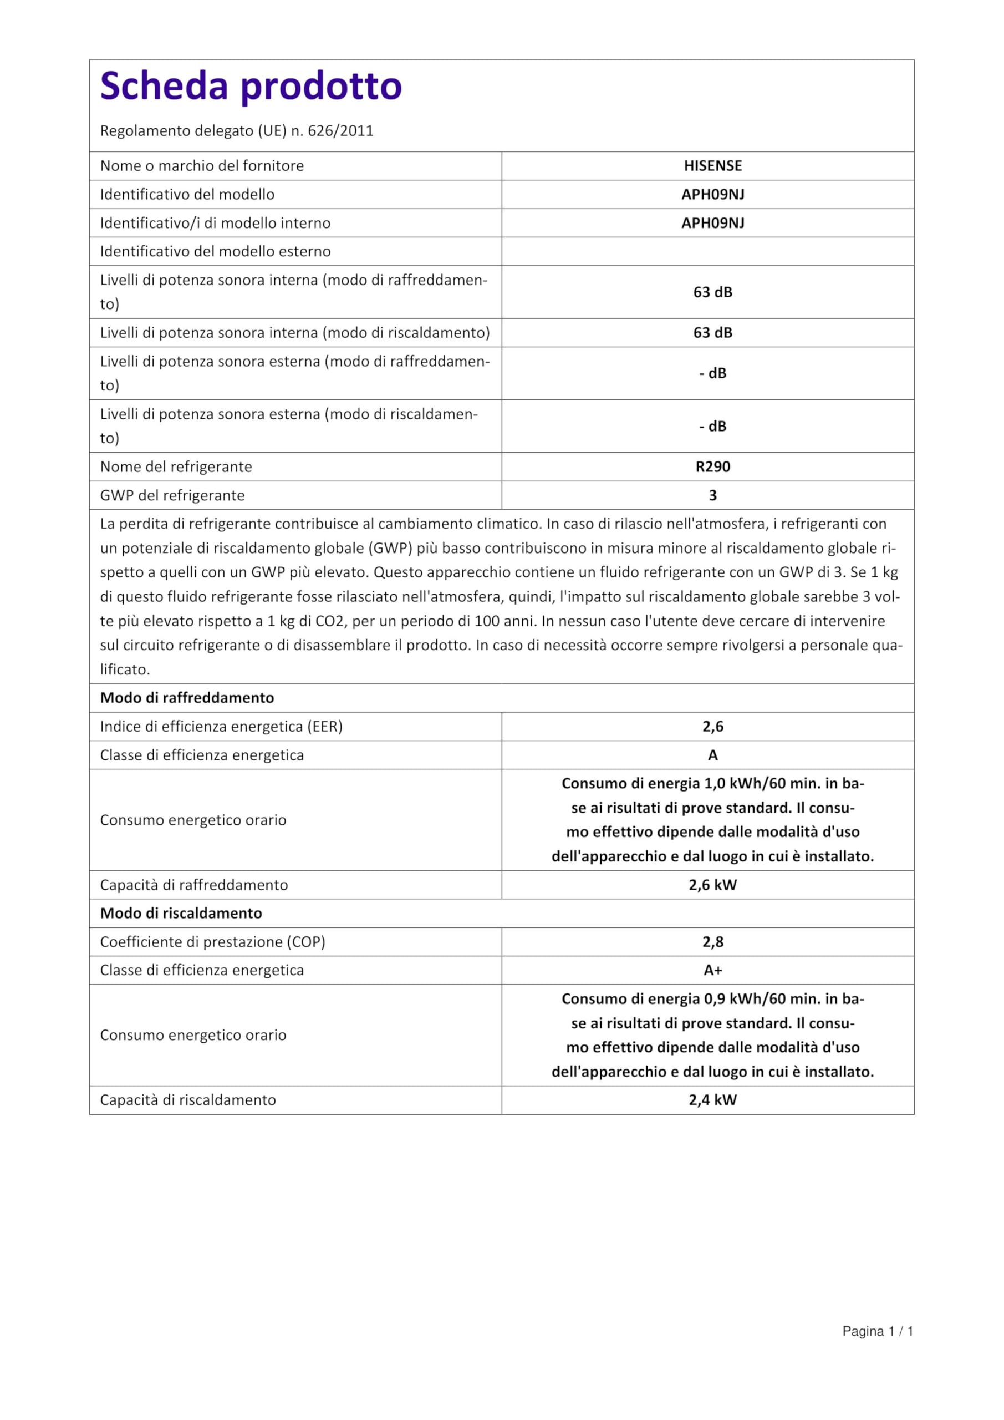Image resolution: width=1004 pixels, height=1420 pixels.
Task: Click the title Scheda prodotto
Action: point(251,85)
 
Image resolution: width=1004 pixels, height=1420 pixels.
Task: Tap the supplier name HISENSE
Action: point(712,166)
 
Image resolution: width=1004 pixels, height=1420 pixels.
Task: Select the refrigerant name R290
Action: point(712,466)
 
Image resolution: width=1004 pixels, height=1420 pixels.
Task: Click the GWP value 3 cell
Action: point(712,495)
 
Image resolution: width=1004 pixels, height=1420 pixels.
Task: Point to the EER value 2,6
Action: point(712,726)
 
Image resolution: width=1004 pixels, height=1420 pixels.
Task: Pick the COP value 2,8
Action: point(712,941)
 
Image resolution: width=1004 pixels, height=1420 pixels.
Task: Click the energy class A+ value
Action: point(712,970)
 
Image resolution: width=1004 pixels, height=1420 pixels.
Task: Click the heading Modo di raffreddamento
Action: point(187,698)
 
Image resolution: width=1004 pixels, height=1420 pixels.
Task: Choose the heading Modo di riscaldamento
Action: point(181,913)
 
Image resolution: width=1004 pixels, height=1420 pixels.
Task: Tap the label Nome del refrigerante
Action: point(176,466)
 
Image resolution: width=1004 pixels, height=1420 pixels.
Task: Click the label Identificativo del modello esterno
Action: point(215,251)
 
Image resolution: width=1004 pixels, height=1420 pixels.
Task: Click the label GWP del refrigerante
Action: point(172,495)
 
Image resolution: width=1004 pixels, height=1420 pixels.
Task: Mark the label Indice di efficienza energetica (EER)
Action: point(221,726)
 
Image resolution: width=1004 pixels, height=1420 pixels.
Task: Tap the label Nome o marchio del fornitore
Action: point(202,166)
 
